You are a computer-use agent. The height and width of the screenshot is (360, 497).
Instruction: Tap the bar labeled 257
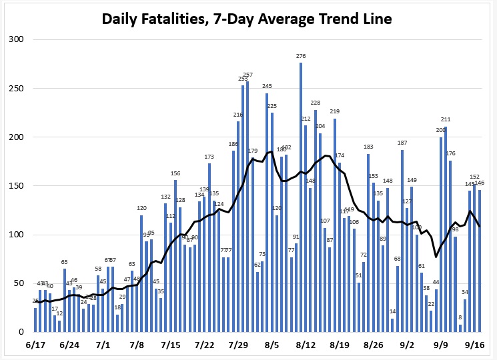point(247,207)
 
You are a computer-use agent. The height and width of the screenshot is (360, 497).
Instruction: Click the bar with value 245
point(267,213)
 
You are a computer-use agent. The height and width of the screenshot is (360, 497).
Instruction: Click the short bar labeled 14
point(393,325)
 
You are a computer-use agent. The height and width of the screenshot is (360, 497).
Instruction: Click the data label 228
point(316,103)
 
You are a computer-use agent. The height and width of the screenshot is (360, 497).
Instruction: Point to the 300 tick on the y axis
point(16,40)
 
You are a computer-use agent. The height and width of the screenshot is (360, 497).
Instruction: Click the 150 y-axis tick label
point(16,186)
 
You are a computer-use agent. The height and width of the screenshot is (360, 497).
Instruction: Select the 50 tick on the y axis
point(19,283)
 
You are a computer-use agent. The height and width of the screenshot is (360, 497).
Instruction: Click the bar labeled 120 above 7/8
point(141,273)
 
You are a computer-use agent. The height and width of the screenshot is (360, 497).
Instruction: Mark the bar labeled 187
point(402,241)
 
